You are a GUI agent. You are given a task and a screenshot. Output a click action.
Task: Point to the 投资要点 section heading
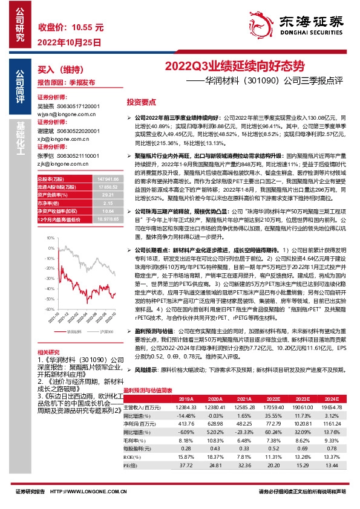142,102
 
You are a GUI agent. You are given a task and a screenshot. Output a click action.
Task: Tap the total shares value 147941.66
98,179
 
